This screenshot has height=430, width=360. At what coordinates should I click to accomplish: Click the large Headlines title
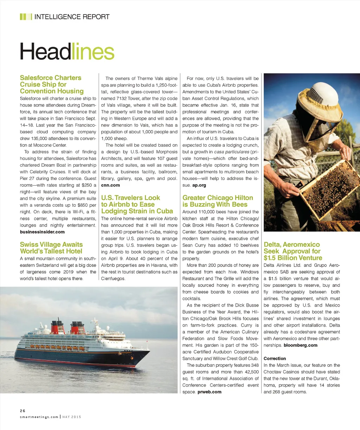pyautogui.click(x=67, y=51)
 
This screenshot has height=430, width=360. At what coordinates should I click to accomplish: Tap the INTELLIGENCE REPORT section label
pyautogui.click(x=72, y=17)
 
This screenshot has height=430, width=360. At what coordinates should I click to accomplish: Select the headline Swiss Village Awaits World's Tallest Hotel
pyautogui.click(x=51, y=248)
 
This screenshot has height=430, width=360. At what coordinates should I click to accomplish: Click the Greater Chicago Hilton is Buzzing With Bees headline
pyautogui.click(x=218, y=201)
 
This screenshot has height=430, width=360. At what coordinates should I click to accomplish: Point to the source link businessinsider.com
pyautogui.click(x=42, y=232)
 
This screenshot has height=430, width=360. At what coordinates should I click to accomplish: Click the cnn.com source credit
pyautogui.click(x=110, y=185)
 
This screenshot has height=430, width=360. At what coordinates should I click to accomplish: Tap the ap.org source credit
pyautogui.click(x=199, y=185)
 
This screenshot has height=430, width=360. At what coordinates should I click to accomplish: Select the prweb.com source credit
pyautogui.click(x=210, y=392)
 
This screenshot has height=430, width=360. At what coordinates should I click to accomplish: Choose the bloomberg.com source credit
pyautogui.click(x=301, y=345)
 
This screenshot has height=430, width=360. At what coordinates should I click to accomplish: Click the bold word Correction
pyautogui.click(x=275, y=358)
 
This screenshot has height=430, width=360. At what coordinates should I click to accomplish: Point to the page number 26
pyautogui.click(x=22, y=411)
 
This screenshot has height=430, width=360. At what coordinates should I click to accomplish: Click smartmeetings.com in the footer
pyautogui.click(x=39, y=417)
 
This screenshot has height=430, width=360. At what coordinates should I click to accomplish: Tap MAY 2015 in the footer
pyautogui.click(x=72, y=417)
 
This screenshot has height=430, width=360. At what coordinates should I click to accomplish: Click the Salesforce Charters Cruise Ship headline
pyautogui.click(x=52, y=84)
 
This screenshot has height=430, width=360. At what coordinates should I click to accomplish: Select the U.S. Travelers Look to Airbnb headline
pyautogui.click(x=137, y=204)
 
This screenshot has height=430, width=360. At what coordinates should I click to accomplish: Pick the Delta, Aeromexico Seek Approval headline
pyautogui.click(x=293, y=251)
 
